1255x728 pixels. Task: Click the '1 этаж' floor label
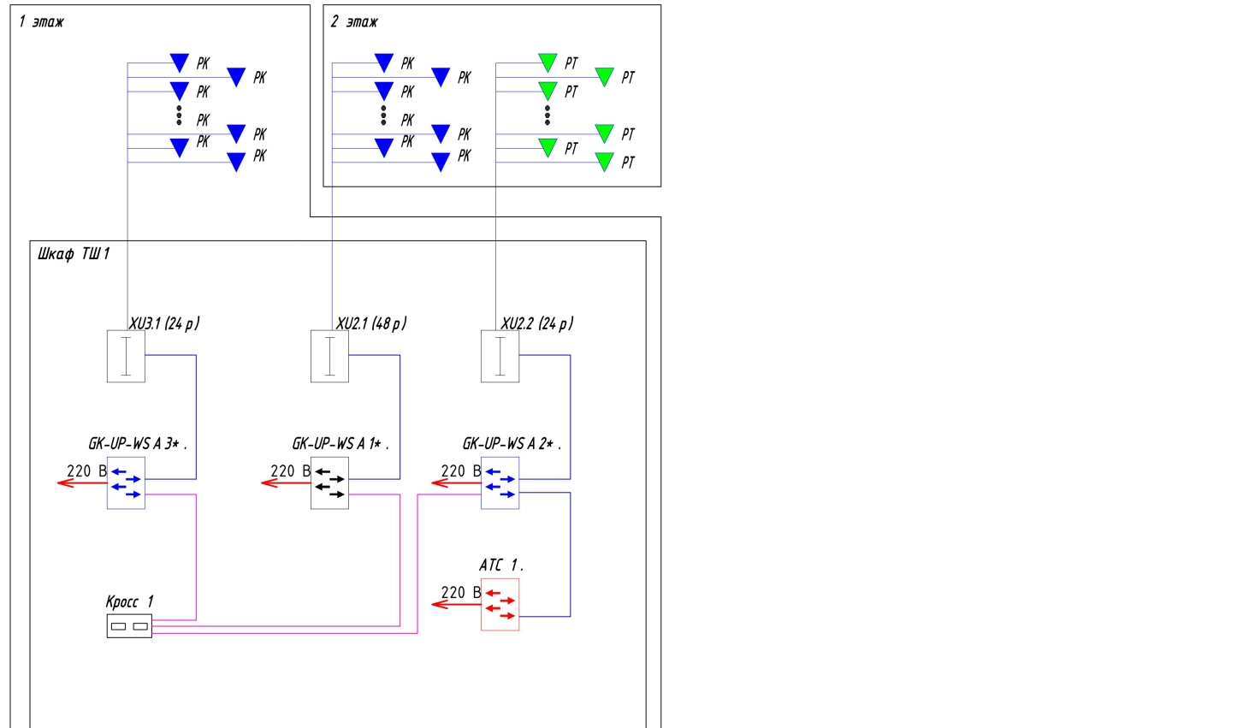click(x=41, y=22)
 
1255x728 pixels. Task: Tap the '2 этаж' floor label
click(x=354, y=22)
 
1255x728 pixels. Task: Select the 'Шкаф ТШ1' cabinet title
click(x=74, y=254)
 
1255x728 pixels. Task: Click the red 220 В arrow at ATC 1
click(x=456, y=605)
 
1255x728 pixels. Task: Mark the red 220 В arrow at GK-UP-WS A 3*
click(x=82, y=483)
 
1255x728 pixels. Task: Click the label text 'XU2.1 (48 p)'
click(x=371, y=323)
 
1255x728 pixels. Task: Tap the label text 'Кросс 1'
click(x=129, y=602)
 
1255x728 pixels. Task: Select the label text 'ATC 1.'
click(x=501, y=565)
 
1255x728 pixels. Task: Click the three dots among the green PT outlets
click(x=548, y=115)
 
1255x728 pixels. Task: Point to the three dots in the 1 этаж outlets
click(x=179, y=115)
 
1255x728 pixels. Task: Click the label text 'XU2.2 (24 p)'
click(x=536, y=323)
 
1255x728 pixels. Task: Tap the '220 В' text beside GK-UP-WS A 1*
click(x=290, y=471)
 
